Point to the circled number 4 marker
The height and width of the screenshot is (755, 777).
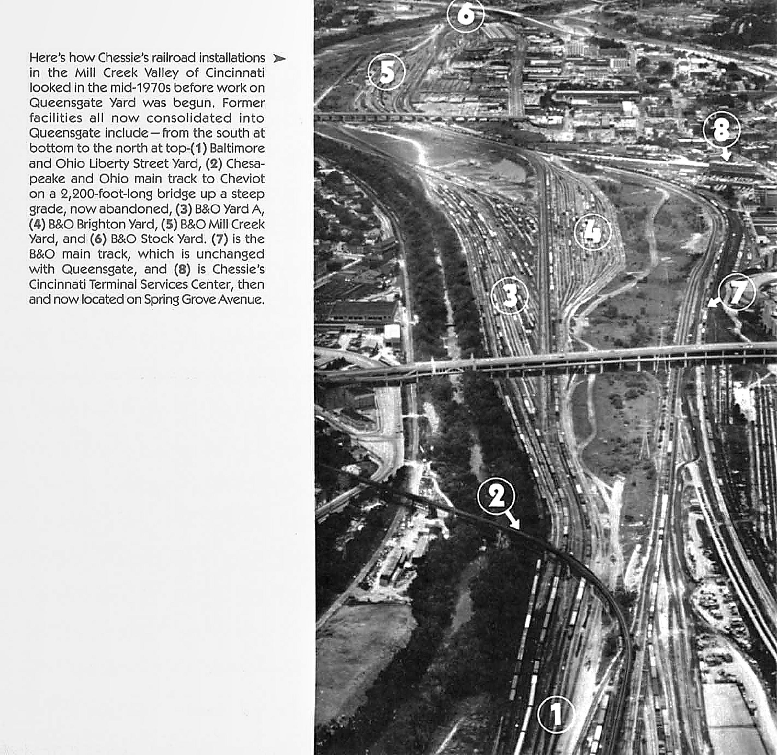(592, 232)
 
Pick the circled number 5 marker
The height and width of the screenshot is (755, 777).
(386, 72)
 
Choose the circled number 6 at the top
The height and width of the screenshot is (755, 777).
(466, 14)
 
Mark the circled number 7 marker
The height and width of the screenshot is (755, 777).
(737, 292)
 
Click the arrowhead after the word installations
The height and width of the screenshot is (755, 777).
(279, 59)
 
